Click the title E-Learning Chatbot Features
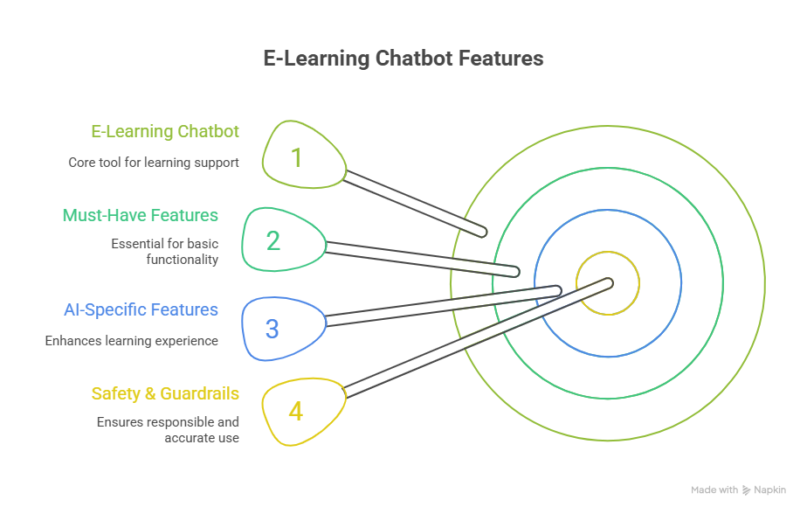(403, 59)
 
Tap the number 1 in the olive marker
(296, 157)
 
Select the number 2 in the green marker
(273, 240)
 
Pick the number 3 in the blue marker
(272, 330)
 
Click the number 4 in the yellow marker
(295, 411)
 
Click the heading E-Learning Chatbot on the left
(165, 131)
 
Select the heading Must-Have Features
(141, 215)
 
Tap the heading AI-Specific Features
(141, 309)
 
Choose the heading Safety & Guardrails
(165, 393)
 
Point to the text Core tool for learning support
(154, 163)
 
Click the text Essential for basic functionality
(164, 252)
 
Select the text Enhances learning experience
(132, 341)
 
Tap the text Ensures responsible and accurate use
(168, 429)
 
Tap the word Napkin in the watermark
(770, 490)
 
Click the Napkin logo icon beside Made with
(747, 490)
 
